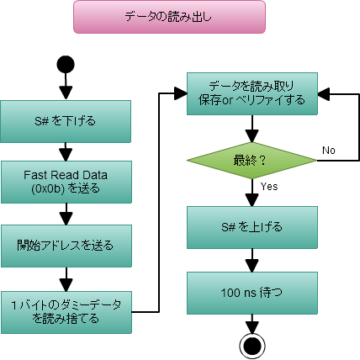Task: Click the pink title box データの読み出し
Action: (169, 16)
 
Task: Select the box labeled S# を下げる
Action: (66, 121)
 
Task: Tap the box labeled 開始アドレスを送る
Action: (66, 246)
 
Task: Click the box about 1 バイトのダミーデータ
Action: (66, 312)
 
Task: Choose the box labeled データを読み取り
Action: (251, 93)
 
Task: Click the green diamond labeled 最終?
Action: (251, 160)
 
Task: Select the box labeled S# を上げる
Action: (251, 227)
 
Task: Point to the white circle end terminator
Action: (252, 346)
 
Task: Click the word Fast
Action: (37, 174)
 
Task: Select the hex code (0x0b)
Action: (53, 188)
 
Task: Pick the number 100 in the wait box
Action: (230, 294)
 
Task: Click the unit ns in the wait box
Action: (251, 294)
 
